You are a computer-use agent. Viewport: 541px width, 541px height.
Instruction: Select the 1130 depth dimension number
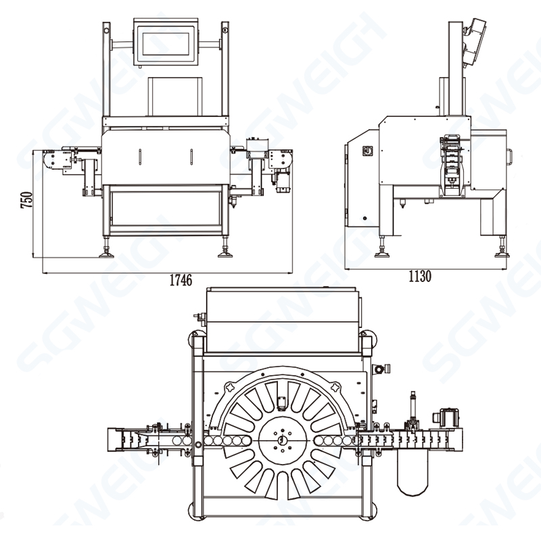(419, 276)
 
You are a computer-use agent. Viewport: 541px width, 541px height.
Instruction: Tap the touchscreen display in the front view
(168, 45)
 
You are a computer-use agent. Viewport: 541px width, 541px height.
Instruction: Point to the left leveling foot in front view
(108, 255)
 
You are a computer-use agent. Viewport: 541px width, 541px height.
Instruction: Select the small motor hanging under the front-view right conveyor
(281, 181)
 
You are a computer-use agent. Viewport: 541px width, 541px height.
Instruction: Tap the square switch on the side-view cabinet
(367, 150)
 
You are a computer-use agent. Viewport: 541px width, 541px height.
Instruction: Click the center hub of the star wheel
(280, 440)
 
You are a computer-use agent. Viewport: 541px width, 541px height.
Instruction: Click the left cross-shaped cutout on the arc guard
(229, 390)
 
